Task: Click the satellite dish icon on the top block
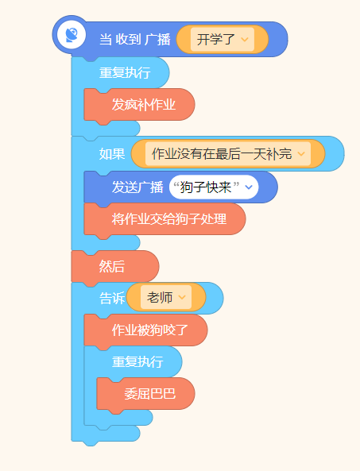72,35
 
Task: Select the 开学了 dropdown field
223,40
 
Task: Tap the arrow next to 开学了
245,40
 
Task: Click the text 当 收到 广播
135,40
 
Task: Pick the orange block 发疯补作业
139,105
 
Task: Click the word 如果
112,154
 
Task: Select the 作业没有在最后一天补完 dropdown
228,154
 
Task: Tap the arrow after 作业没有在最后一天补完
301,154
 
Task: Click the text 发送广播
137,187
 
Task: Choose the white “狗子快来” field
214,187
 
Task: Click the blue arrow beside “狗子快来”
249,187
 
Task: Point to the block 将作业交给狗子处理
165,219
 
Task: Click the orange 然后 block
115,267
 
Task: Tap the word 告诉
112,299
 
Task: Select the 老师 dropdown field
166,297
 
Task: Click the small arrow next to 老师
182,297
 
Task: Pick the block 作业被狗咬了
145,330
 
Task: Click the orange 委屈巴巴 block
145,394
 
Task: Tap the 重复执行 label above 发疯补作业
125,73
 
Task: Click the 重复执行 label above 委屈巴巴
137,362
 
